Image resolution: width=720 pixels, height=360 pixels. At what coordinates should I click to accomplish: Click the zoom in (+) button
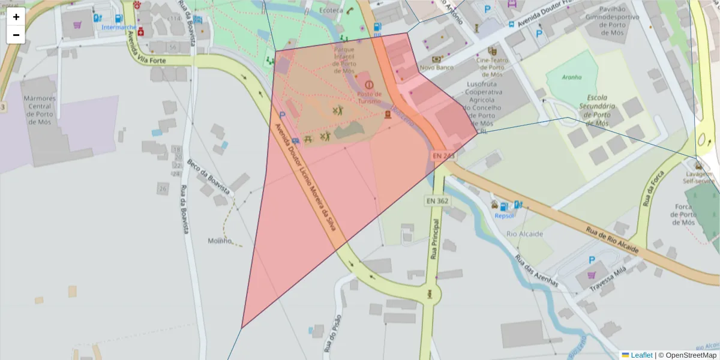click(16, 17)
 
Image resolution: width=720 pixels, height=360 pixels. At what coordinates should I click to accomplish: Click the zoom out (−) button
click(16, 35)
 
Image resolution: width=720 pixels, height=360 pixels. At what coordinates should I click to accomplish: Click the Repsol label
click(505, 217)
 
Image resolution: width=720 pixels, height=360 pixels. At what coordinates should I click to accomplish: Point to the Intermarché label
click(118, 27)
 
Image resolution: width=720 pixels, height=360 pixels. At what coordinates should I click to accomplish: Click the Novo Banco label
click(436, 68)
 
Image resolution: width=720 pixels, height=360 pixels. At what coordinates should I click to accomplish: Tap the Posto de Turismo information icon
click(369, 85)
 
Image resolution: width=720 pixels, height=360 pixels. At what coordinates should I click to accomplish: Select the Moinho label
click(220, 241)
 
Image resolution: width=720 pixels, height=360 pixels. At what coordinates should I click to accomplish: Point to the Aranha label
click(572, 77)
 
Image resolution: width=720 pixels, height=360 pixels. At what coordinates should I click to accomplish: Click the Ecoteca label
click(331, 10)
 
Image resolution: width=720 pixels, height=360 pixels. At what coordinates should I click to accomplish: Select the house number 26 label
click(163, 189)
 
